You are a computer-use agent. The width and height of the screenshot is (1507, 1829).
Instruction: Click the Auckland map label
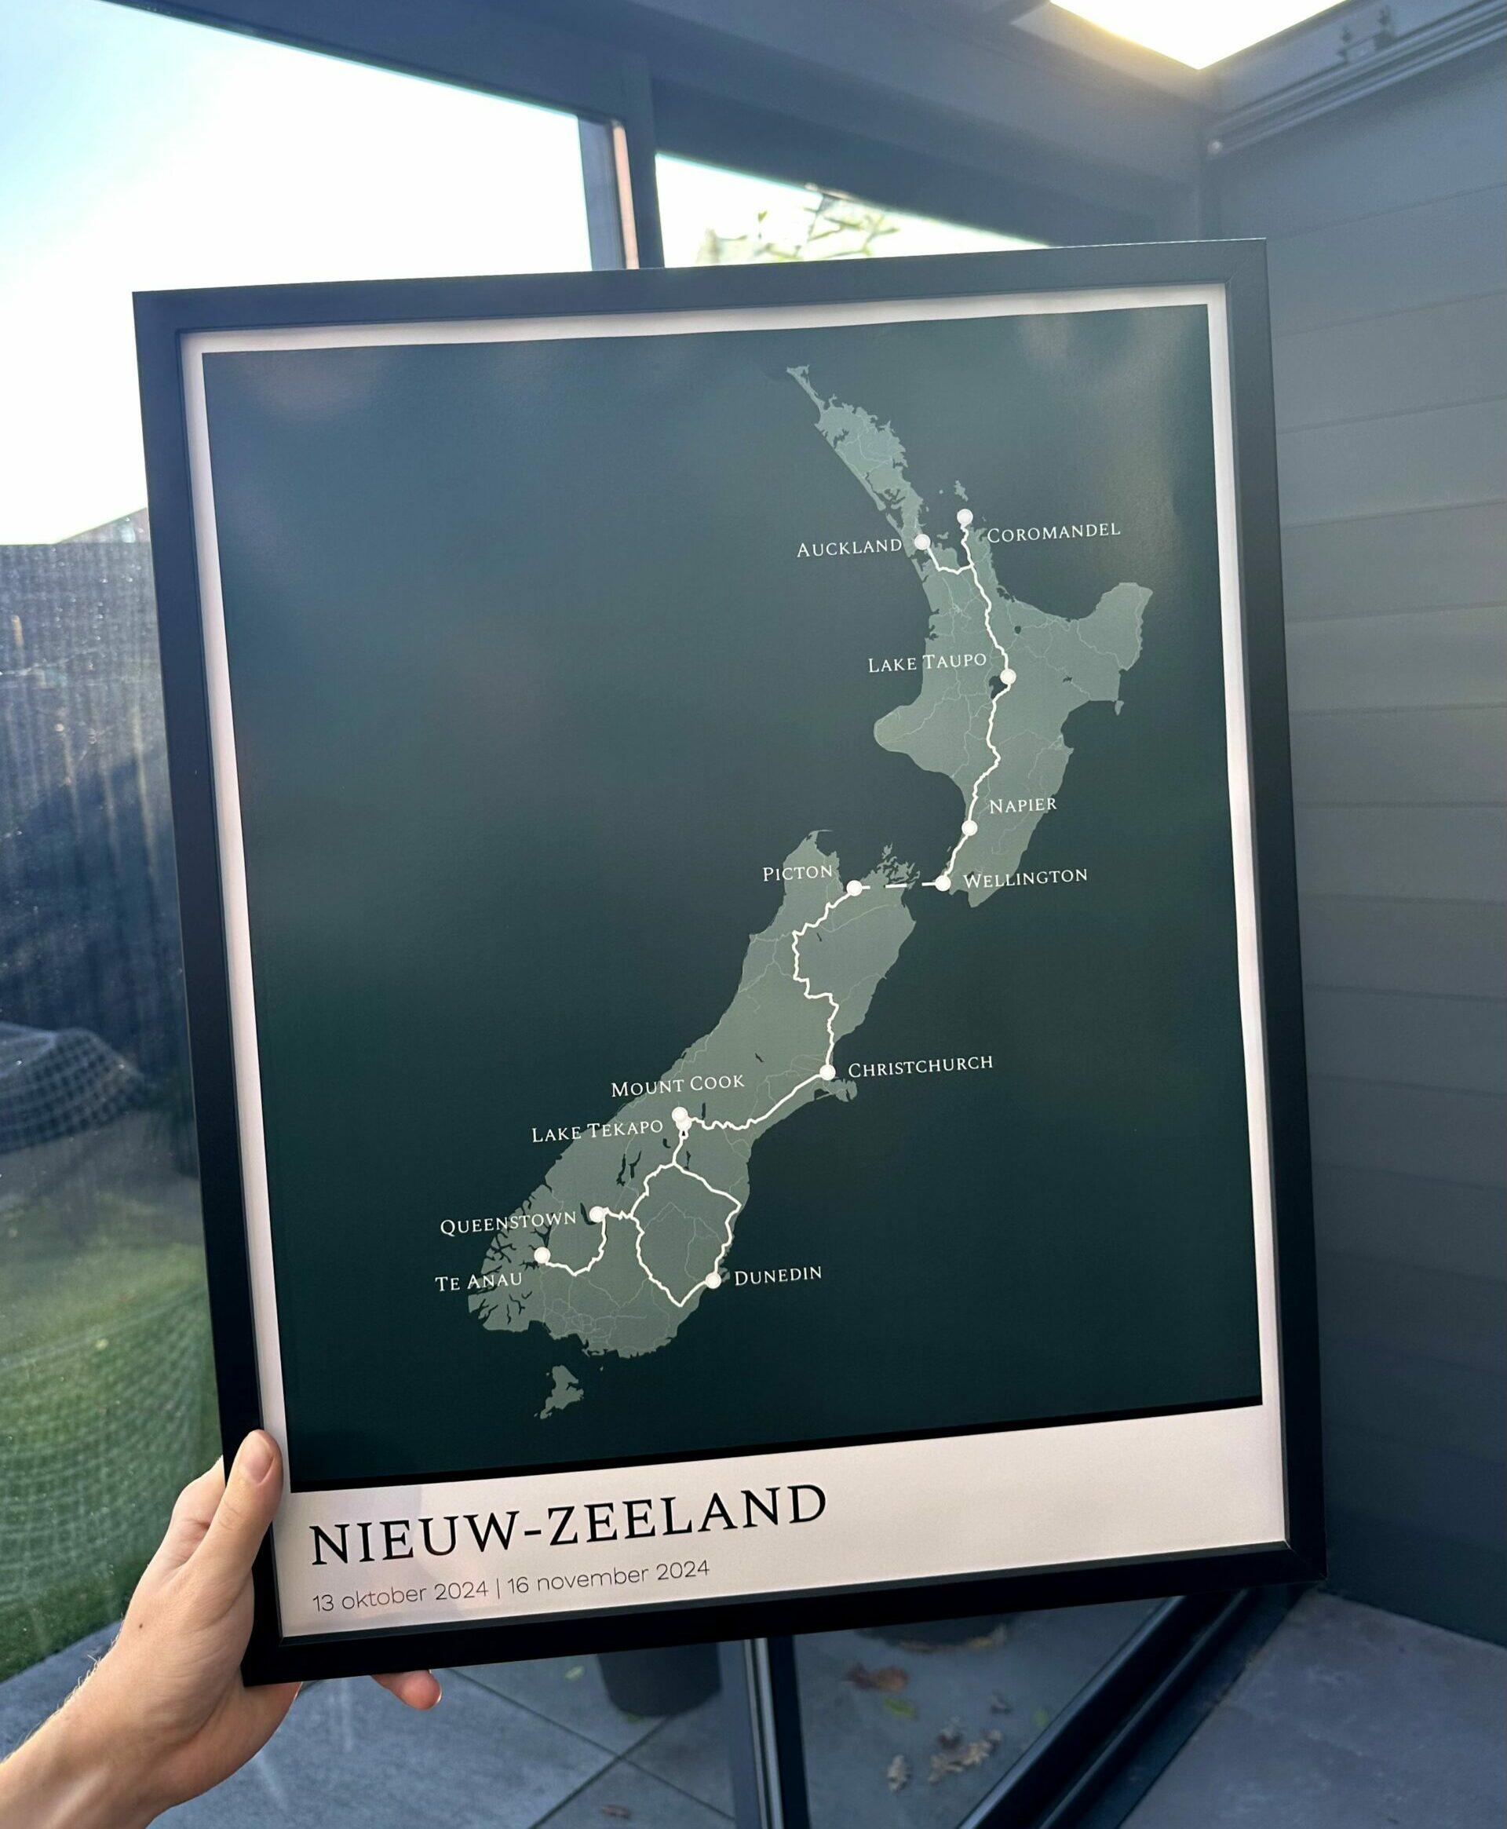[849, 548]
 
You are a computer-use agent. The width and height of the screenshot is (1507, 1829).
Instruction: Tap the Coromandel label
[1053, 531]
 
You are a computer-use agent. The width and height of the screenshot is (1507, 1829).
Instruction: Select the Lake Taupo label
[926, 663]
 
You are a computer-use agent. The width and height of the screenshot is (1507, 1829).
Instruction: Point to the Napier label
[1023, 805]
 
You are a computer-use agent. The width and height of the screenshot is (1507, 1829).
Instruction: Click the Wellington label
[1024, 877]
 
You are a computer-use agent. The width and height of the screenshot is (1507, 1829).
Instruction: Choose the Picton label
[796, 872]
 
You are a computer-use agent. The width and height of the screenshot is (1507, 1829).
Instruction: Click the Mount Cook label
[677, 1085]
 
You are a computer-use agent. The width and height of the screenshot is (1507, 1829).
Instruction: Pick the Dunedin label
[777, 1274]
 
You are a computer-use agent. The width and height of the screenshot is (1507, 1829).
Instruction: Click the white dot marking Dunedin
[713, 1280]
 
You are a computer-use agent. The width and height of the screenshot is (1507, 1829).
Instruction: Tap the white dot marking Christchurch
[826, 1072]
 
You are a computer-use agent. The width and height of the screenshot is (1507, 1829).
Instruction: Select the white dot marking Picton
[854, 887]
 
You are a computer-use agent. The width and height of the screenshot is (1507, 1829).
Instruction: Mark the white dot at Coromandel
[964, 517]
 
